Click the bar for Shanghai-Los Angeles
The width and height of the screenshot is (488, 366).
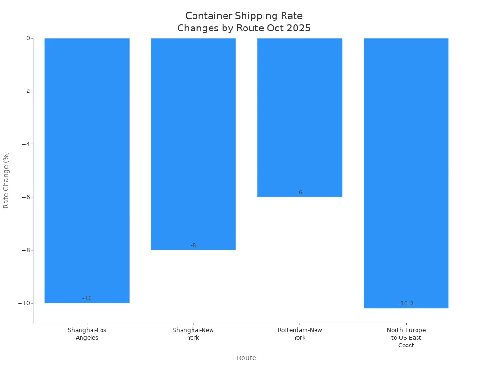click(x=87, y=170)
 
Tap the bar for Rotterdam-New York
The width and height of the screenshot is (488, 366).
click(x=300, y=117)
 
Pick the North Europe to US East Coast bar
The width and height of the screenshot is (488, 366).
click(x=406, y=173)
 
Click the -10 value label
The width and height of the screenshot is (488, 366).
click(x=87, y=298)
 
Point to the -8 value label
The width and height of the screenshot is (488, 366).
click(x=193, y=245)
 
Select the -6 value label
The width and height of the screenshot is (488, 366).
click(x=300, y=193)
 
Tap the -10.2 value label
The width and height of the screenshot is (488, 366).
click(x=406, y=304)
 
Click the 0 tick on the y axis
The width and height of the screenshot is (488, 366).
click(x=28, y=38)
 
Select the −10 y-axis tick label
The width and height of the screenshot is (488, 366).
click(x=23, y=303)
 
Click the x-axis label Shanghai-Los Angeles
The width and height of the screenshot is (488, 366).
click(x=87, y=334)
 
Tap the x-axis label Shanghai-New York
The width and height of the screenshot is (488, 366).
click(x=193, y=334)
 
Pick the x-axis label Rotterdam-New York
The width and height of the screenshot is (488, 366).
click(x=300, y=334)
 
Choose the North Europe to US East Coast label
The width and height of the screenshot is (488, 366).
click(x=406, y=338)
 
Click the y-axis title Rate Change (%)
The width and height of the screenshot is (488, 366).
click(x=6, y=180)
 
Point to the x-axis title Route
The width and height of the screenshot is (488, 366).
click(x=246, y=358)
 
